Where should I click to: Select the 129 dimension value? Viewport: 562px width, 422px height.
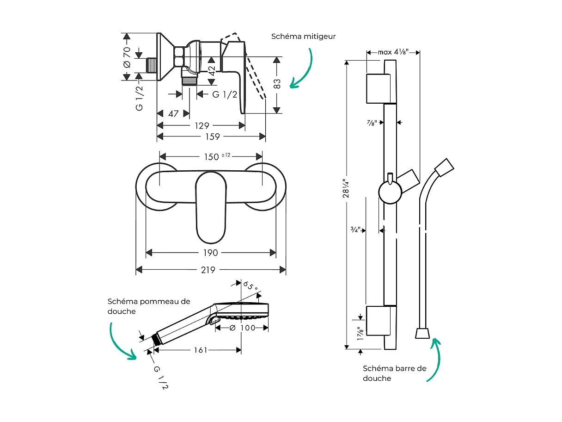click(x=202, y=125)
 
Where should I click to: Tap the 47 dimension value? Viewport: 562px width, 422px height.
click(x=173, y=113)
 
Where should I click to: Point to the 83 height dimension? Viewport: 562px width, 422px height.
click(x=277, y=84)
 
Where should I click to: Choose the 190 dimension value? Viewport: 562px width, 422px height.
click(x=210, y=253)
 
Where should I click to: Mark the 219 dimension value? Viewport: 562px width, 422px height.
click(x=208, y=270)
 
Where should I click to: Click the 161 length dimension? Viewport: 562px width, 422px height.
click(x=200, y=350)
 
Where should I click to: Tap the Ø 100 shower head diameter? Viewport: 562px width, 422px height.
click(x=242, y=328)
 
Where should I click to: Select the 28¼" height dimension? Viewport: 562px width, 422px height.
click(x=346, y=189)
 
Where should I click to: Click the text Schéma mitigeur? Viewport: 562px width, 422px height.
click(x=303, y=36)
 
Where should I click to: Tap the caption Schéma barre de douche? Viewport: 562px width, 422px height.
click(x=394, y=373)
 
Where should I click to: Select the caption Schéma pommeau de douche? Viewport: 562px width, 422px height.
click(x=149, y=306)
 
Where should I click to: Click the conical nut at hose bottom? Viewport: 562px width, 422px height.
click(x=422, y=333)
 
